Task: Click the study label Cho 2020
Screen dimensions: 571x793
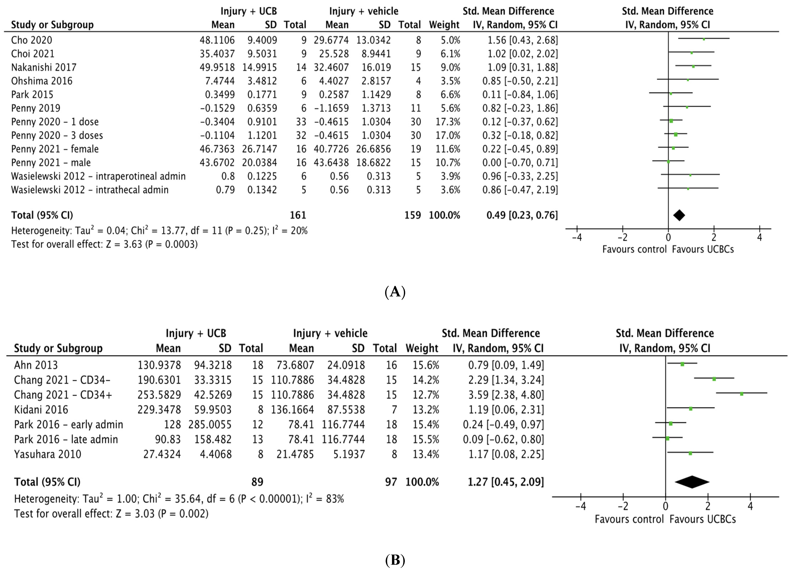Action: (x=32, y=40)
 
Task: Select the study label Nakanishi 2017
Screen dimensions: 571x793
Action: (x=44, y=67)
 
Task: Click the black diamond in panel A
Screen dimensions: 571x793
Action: (x=679, y=215)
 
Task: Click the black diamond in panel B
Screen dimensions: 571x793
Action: (x=692, y=482)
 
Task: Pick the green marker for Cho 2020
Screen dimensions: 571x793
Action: (x=704, y=39)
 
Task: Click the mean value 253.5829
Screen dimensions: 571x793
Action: (x=159, y=395)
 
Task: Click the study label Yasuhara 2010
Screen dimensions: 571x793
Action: (x=48, y=454)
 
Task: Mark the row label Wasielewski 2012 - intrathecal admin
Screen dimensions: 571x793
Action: (x=90, y=190)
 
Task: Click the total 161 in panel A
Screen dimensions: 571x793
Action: (x=298, y=215)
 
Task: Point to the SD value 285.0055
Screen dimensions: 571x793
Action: (x=210, y=424)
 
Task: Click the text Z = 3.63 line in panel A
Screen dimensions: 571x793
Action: (x=104, y=244)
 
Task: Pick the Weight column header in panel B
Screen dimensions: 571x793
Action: (x=422, y=348)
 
